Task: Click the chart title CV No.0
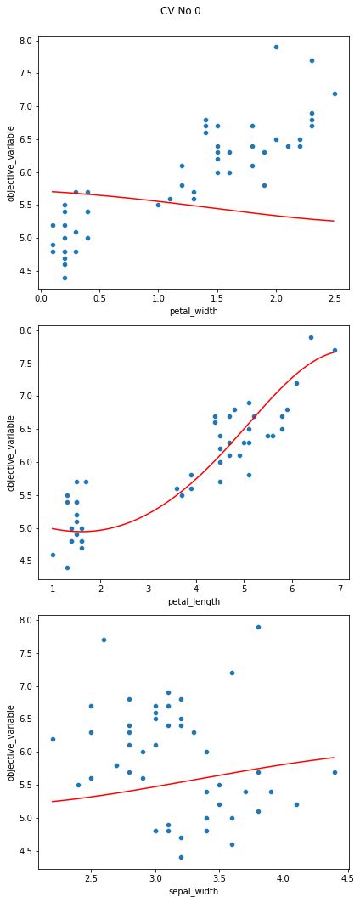180,11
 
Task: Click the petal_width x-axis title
193,312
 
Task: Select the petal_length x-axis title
193,601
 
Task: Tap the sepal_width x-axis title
193,891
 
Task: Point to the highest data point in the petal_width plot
276,47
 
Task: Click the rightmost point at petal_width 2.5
335,93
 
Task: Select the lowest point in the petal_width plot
65,278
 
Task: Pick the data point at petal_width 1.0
158,205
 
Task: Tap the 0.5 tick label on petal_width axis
99,299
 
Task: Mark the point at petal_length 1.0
53,555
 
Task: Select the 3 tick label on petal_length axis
149,589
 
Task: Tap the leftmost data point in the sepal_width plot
53,739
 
